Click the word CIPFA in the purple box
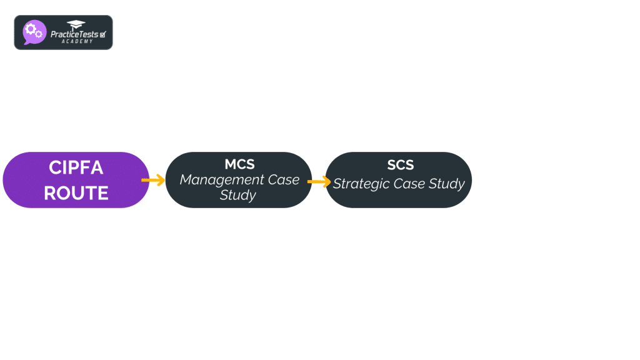click(76, 168)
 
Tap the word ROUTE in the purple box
click(76, 193)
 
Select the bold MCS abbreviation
click(239, 164)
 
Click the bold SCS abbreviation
click(400, 166)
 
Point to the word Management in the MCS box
click(213, 180)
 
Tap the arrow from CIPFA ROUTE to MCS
click(152, 180)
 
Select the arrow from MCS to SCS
click(319, 182)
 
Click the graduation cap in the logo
click(76, 25)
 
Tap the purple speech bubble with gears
click(34, 32)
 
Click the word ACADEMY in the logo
click(77, 41)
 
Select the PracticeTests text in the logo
click(74, 34)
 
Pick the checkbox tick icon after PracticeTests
click(102, 34)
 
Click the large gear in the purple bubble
click(30, 29)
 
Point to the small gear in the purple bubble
click(39, 34)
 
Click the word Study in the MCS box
click(238, 195)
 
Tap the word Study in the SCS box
click(447, 184)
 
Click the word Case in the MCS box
click(283, 180)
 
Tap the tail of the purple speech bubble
click(26, 43)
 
